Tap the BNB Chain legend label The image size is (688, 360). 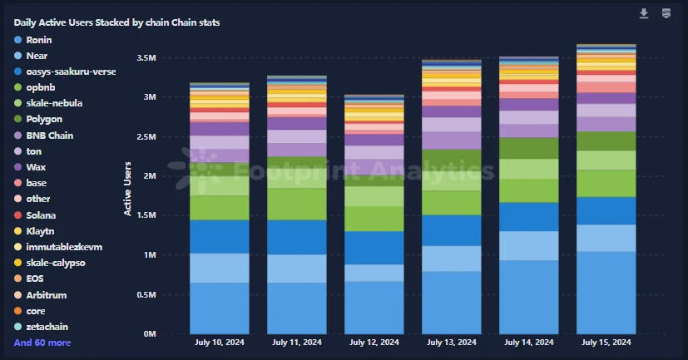(x=49, y=135)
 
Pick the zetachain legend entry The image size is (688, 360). (x=47, y=327)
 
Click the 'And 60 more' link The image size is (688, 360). (x=42, y=343)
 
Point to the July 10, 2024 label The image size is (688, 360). (x=219, y=342)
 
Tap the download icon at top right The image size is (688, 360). (x=643, y=13)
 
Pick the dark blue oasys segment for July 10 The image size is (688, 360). (x=219, y=236)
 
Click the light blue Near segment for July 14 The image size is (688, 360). (x=529, y=245)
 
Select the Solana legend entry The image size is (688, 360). (x=42, y=215)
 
